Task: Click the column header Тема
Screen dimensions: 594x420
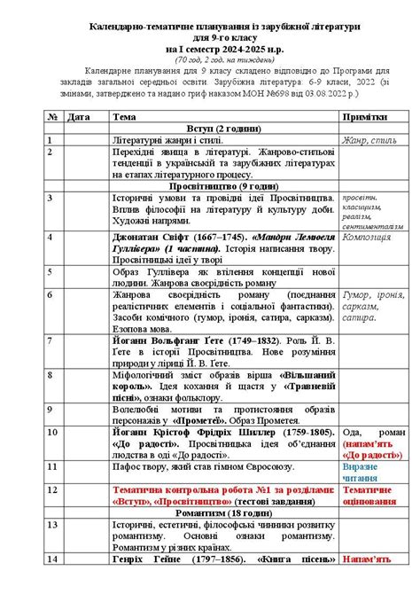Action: click(125, 116)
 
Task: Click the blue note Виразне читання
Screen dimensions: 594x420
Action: click(365, 471)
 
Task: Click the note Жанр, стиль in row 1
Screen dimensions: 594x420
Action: click(364, 140)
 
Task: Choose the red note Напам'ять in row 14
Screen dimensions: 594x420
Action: click(366, 559)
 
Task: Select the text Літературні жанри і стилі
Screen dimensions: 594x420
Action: click(167, 140)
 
